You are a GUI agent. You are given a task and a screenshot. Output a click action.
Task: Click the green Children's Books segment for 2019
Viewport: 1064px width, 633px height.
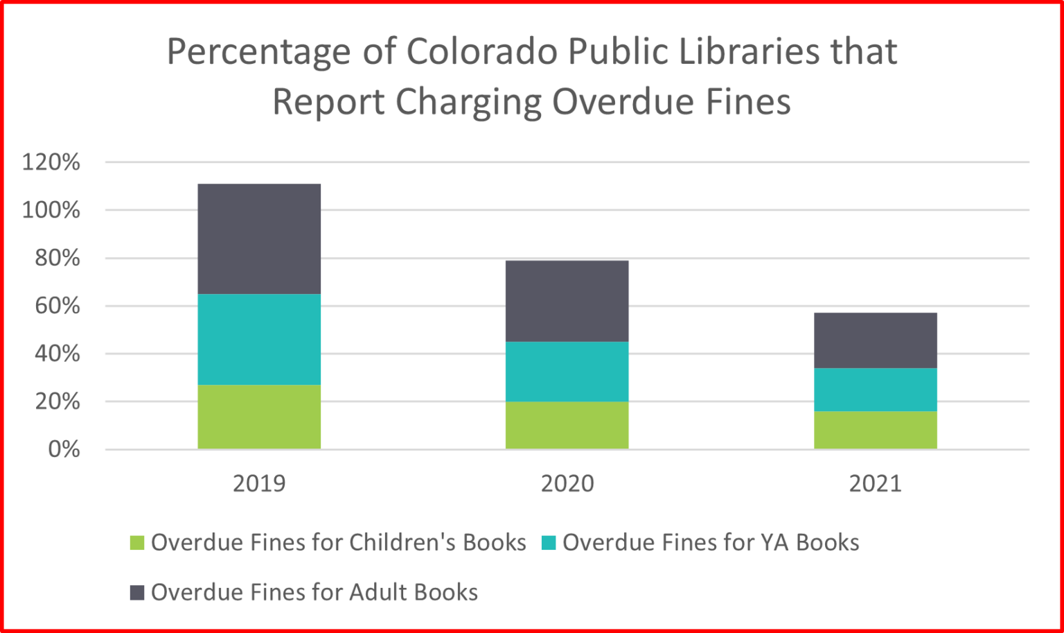click(x=259, y=417)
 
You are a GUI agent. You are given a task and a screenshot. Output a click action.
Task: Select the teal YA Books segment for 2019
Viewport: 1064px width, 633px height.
click(x=259, y=339)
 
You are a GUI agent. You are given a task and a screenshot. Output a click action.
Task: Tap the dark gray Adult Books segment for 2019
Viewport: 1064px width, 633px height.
click(x=259, y=239)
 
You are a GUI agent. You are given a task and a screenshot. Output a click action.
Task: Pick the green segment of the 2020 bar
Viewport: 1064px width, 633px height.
click(x=567, y=425)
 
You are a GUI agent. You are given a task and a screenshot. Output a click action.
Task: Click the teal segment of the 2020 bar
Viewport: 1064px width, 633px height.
click(x=567, y=371)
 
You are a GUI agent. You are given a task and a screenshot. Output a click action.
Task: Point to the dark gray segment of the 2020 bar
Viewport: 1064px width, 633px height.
click(x=567, y=301)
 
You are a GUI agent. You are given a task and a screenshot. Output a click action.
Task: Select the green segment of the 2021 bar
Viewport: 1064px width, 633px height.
click(x=875, y=430)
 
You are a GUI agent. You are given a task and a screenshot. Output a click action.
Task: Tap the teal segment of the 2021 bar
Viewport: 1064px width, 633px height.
click(x=875, y=389)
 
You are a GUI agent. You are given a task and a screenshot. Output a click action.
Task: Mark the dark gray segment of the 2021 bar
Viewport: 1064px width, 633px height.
click(x=875, y=340)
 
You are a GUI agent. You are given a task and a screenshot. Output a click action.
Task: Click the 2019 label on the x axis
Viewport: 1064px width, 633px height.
click(x=259, y=483)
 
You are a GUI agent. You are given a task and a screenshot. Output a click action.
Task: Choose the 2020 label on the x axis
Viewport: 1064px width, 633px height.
click(x=567, y=483)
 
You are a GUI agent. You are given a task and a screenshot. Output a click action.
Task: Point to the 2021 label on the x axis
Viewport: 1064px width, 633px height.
click(x=875, y=483)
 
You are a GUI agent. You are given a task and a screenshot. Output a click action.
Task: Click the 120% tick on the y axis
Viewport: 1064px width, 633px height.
click(x=51, y=162)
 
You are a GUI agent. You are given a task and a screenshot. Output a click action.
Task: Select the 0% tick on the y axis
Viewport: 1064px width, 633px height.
click(x=64, y=449)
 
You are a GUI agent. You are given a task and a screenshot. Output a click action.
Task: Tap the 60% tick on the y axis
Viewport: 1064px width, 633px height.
click(x=57, y=306)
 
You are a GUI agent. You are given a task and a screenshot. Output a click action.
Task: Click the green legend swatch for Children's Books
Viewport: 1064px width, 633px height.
click(x=137, y=543)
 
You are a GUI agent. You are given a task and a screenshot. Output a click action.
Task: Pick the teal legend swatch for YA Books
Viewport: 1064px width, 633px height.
click(x=549, y=543)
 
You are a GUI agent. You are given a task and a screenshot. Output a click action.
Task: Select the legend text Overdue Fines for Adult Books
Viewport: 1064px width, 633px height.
click(x=314, y=593)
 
